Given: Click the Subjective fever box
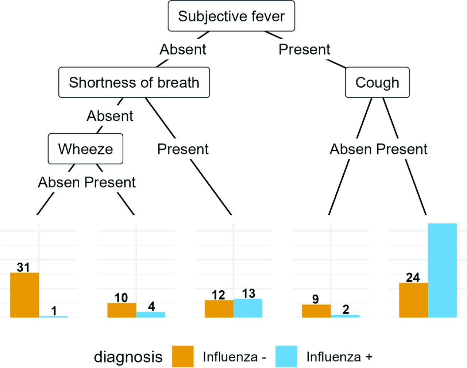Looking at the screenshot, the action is tap(231, 16).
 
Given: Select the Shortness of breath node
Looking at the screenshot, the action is tap(134, 83).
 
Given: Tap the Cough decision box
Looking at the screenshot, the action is tap(377, 83).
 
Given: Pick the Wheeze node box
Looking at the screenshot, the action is tap(85, 149).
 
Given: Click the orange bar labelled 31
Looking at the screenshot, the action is tap(24, 295).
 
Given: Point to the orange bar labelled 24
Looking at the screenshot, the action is tap(414, 300).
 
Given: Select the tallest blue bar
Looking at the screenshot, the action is tap(443, 271).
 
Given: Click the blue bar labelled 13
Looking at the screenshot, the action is tap(248, 308).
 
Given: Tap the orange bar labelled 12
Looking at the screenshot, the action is tap(219, 309).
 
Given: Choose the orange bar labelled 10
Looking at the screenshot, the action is tap(122, 310).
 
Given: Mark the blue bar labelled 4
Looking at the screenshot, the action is tap(151, 315).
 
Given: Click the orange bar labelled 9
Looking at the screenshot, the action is tap(316, 311).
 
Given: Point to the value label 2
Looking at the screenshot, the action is tap(346, 309).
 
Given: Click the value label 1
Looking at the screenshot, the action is tap(54, 311).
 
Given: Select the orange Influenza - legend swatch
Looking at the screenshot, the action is tap(183, 356).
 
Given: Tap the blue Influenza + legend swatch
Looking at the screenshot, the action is tap(286, 356).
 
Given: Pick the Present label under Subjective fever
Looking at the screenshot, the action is tap(304, 49).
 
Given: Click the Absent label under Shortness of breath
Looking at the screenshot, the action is tap(110, 116).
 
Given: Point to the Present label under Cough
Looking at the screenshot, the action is tap(402, 149).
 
